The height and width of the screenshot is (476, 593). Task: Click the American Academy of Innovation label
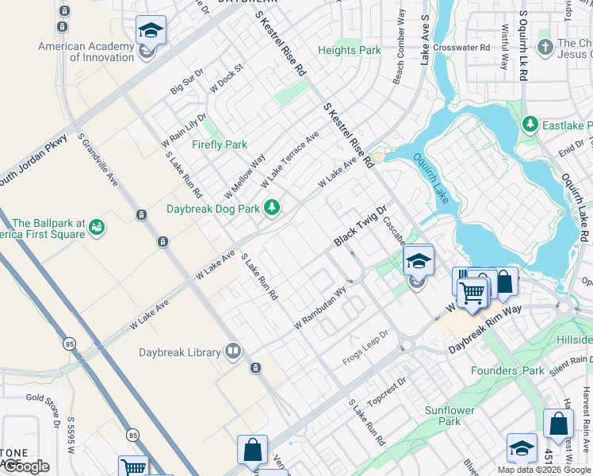[86, 52]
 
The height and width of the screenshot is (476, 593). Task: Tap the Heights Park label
[350, 50]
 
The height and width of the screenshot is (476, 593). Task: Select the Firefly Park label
[220, 144]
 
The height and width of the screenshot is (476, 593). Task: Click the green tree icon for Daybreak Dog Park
[273, 208]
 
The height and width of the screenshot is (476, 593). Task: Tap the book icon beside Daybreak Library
[233, 351]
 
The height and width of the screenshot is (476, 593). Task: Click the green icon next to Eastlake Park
[530, 125]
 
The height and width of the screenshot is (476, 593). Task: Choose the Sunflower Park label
[450, 416]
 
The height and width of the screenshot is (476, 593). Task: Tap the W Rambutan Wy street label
[320, 308]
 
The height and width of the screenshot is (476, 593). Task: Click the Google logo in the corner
[25, 466]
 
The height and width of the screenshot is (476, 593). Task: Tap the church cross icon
[544, 48]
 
